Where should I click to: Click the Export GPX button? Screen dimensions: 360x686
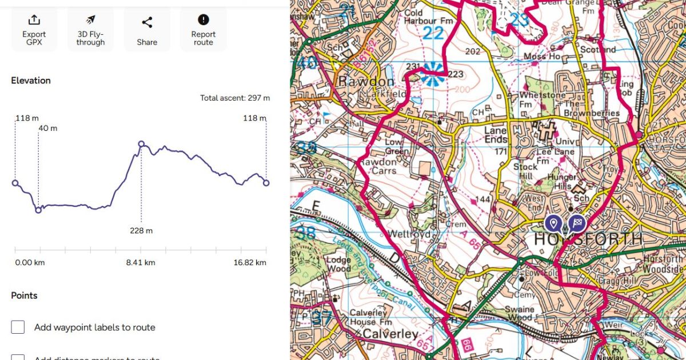coord(34,30)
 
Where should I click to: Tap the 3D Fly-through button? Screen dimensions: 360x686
coord(90,30)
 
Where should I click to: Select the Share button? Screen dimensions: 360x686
coord(147,30)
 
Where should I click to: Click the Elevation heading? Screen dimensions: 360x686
coord(31,81)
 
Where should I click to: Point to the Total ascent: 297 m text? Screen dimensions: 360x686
coord(234,98)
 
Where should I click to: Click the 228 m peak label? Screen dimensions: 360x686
coord(141,231)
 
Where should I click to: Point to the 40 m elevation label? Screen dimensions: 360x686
coord(48,128)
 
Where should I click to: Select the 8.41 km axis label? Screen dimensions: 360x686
coord(141,263)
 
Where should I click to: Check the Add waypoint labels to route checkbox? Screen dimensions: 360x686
coord(18,327)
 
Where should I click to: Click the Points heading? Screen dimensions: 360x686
coord(24,295)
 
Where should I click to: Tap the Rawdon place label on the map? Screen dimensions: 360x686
coord(358,82)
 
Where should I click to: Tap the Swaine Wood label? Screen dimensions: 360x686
coord(519,313)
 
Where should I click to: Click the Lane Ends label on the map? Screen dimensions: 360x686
coord(496,134)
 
